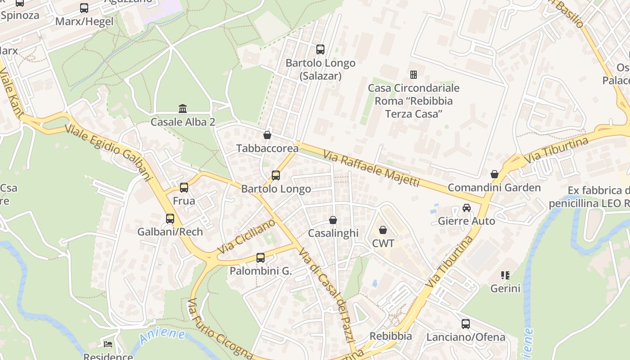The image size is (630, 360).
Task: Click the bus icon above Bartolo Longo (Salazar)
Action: (x=320, y=49)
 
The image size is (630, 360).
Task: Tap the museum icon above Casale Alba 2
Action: (x=183, y=108)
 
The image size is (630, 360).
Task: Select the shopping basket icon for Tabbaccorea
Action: (x=267, y=135)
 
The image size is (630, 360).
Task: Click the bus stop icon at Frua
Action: (x=184, y=188)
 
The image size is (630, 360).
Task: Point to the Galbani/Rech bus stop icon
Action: (x=170, y=219)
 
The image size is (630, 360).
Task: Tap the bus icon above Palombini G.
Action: (x=261, y=258)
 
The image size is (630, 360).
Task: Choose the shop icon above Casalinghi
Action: (x=333, y=220)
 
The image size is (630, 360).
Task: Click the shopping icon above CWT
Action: (x=383, y=230)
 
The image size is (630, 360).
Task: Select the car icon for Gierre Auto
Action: (x=467, y=208)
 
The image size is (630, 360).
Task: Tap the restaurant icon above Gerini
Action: (x=505, y=275)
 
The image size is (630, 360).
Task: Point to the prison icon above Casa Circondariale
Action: (x=413, y=74)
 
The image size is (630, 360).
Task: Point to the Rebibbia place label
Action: (x=391, y=336)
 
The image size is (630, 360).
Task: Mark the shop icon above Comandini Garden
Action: (x=494, y=174)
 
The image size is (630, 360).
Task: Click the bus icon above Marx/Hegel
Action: (x=84, y=8)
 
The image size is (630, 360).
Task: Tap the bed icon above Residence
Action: (x=108, y=344)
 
